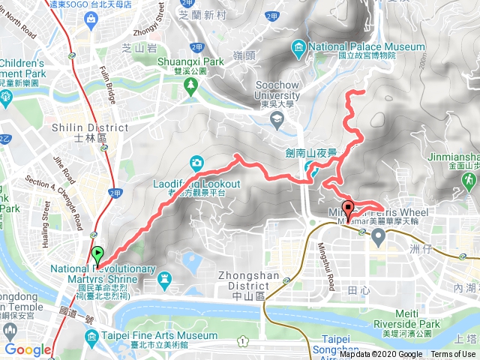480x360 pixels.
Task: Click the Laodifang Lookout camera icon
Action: click(196, 161)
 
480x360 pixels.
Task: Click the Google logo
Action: click(28, 349)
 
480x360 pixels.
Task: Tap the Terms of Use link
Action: click(452, 355)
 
